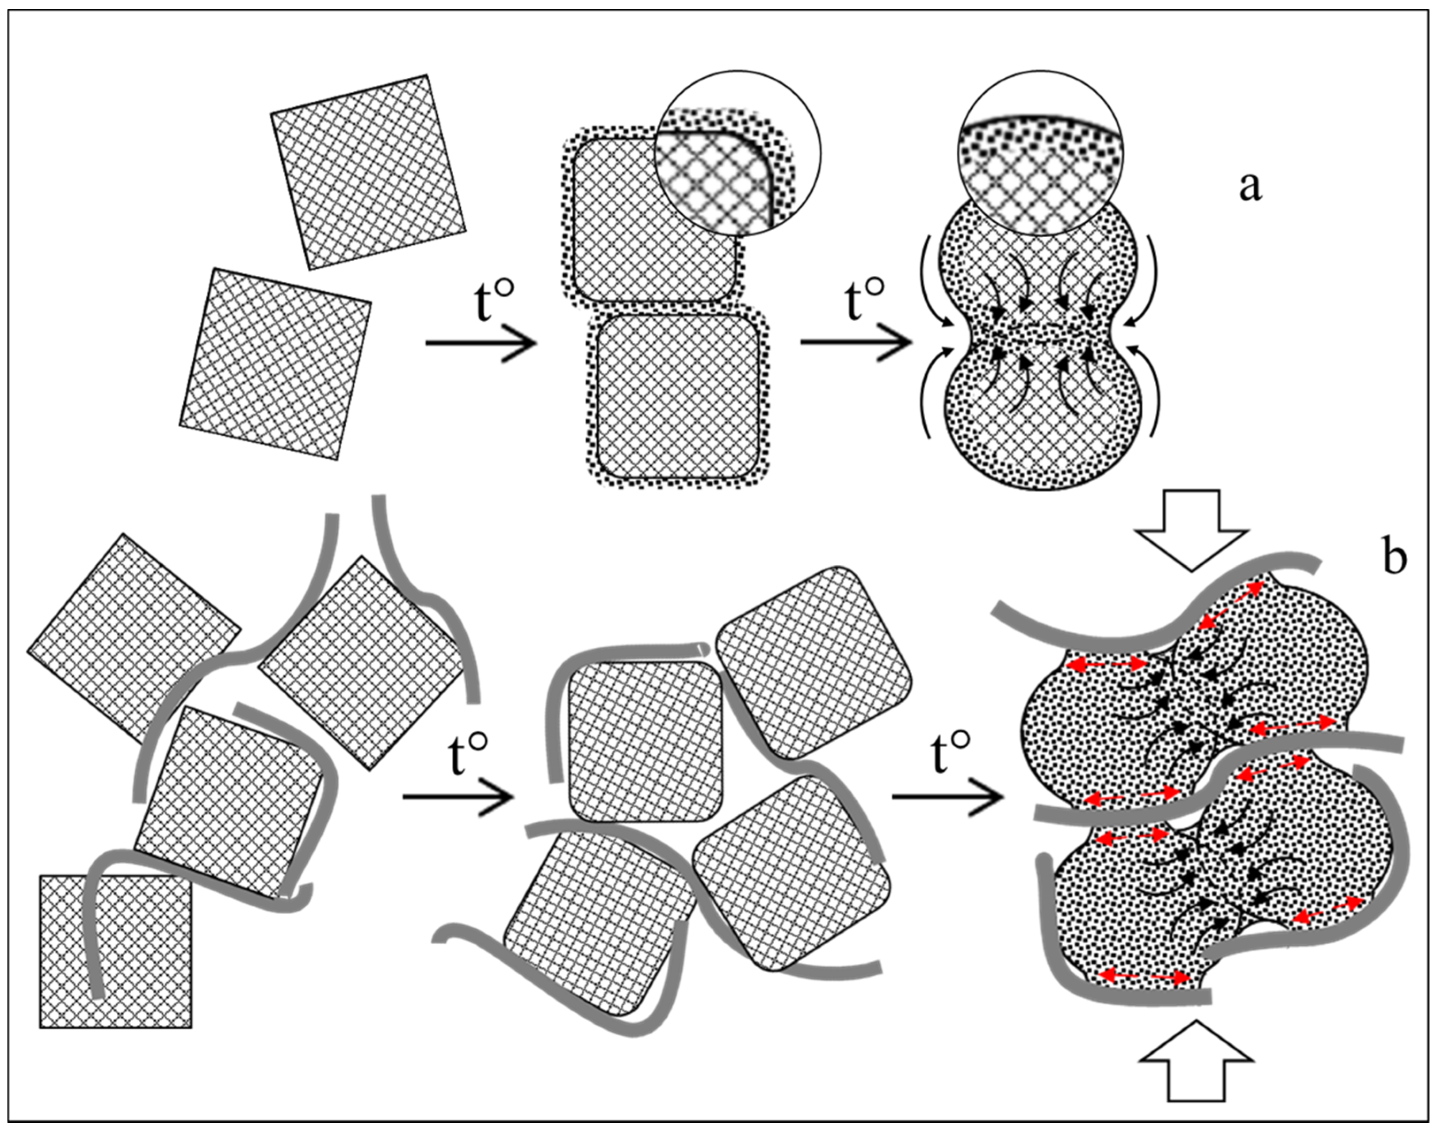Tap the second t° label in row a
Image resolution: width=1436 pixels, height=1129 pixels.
tap(864, 301)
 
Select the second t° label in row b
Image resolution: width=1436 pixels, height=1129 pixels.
tap(951, 754)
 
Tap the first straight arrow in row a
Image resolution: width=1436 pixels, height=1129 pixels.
tap(480, 344)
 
